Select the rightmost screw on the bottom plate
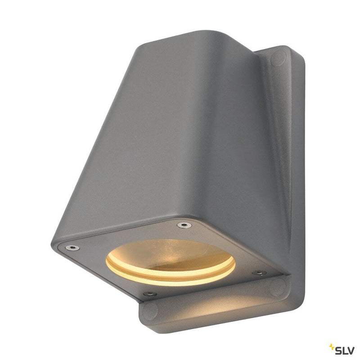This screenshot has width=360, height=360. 259,273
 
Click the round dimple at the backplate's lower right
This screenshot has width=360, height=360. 277,287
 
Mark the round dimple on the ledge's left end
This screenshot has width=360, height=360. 150,310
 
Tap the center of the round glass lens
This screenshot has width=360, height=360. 170,259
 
